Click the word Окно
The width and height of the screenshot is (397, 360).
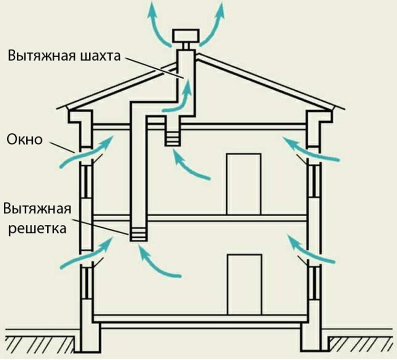[x=25, y=140]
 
